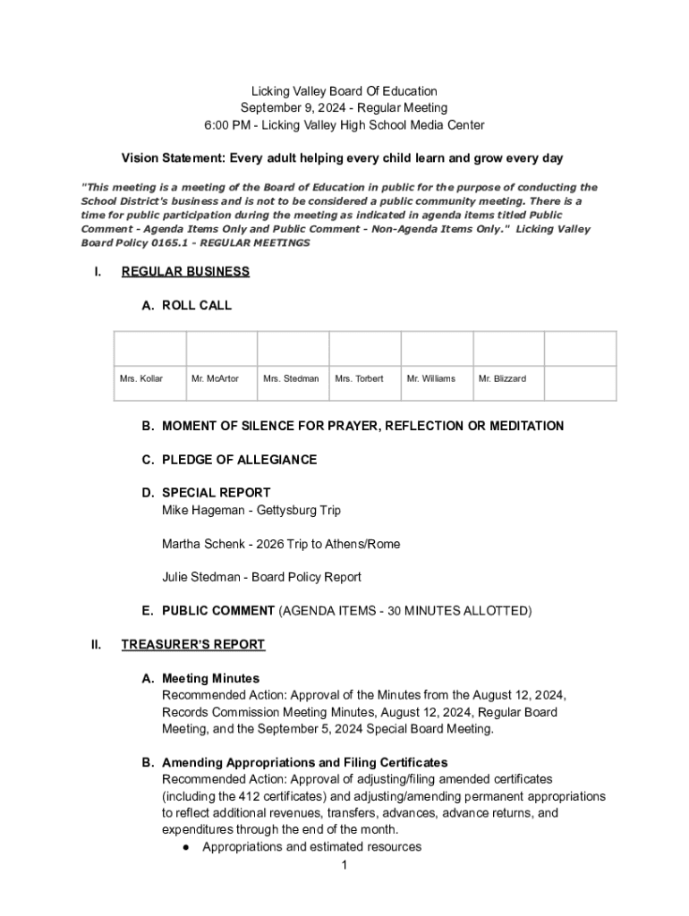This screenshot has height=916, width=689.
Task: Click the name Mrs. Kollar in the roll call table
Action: [x=141, y=378]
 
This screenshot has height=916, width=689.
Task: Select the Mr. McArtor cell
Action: [x=215, y=378]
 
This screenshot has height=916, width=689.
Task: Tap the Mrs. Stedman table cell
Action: [x=291, y=378]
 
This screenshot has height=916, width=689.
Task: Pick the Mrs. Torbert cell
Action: [x=359, y=378]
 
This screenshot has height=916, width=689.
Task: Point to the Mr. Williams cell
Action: [x=430, y=378]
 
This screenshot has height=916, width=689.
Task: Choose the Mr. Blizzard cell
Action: [x=502, y=378]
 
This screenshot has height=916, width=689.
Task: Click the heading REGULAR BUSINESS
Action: [x=185, y=272]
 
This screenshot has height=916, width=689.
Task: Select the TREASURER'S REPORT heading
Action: [x=193, y=644]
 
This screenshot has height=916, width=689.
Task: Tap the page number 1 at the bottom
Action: [x=344, y=865]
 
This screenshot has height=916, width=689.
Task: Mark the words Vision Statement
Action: [x=172, y=158]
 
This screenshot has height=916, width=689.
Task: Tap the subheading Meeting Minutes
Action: [x=210, y=678]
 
